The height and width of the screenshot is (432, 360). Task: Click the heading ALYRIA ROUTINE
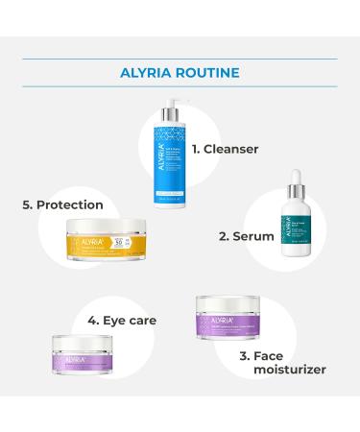click(180, 71)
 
